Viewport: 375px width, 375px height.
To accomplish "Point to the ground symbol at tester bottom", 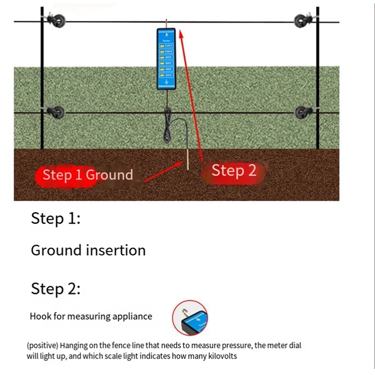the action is [x=166, y=82].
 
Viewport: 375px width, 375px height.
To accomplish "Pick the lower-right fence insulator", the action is [x=301, y=112].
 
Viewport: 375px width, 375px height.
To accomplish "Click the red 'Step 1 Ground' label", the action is [x=87, y=175].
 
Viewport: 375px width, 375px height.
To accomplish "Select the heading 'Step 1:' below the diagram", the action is [x=55, y=219].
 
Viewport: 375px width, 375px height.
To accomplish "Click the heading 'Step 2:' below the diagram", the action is [x=55, y=289].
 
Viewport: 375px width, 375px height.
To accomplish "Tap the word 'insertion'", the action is [x=116, y=250].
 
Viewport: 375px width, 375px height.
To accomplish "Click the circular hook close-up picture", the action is [x=190, y=318].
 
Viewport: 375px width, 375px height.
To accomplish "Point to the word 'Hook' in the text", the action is [x=40, y=316].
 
